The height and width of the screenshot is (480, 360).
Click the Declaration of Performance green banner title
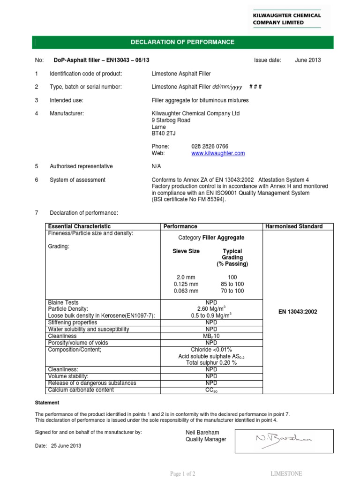182,42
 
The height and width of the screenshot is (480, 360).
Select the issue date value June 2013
308,60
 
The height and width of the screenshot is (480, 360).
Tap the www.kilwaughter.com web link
218,153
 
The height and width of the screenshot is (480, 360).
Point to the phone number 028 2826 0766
210,146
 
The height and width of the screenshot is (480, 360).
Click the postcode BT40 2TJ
164,133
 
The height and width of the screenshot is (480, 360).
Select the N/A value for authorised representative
157,166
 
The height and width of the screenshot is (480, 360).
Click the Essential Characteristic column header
80,226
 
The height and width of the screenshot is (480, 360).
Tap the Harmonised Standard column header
294,226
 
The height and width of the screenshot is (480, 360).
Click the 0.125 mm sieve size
186,284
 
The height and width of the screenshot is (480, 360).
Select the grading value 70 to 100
232,291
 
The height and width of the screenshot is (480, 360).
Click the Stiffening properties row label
73,323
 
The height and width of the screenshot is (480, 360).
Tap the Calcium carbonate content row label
81,390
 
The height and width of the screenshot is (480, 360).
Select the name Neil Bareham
202,432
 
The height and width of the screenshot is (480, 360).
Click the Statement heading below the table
47,403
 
